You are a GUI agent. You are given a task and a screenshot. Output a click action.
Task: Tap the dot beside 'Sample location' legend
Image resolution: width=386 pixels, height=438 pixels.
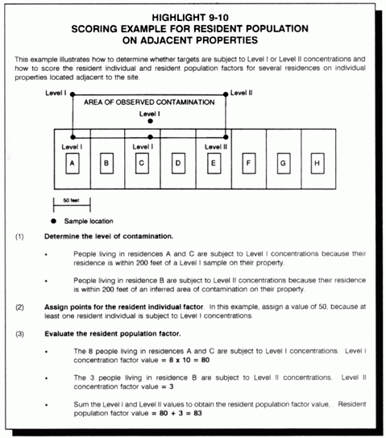[x=54, y=220]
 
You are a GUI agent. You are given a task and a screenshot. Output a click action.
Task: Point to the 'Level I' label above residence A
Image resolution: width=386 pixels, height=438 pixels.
[x=72, y=147]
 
